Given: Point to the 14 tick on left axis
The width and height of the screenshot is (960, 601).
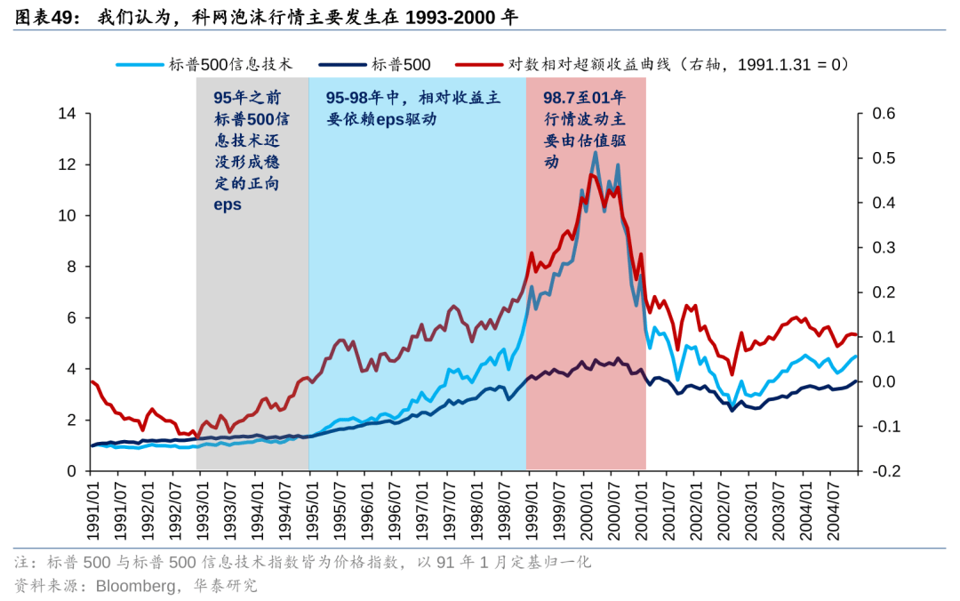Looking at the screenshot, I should [x=67, y=114].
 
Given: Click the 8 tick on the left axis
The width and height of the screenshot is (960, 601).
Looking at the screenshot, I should [x=71, y=267].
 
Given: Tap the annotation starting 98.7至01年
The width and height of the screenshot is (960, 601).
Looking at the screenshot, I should [x=584, y=129].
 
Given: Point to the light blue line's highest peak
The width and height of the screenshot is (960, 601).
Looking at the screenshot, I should [x=595, y=152].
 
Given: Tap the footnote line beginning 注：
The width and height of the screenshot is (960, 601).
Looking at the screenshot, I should [x=302, y=562].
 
